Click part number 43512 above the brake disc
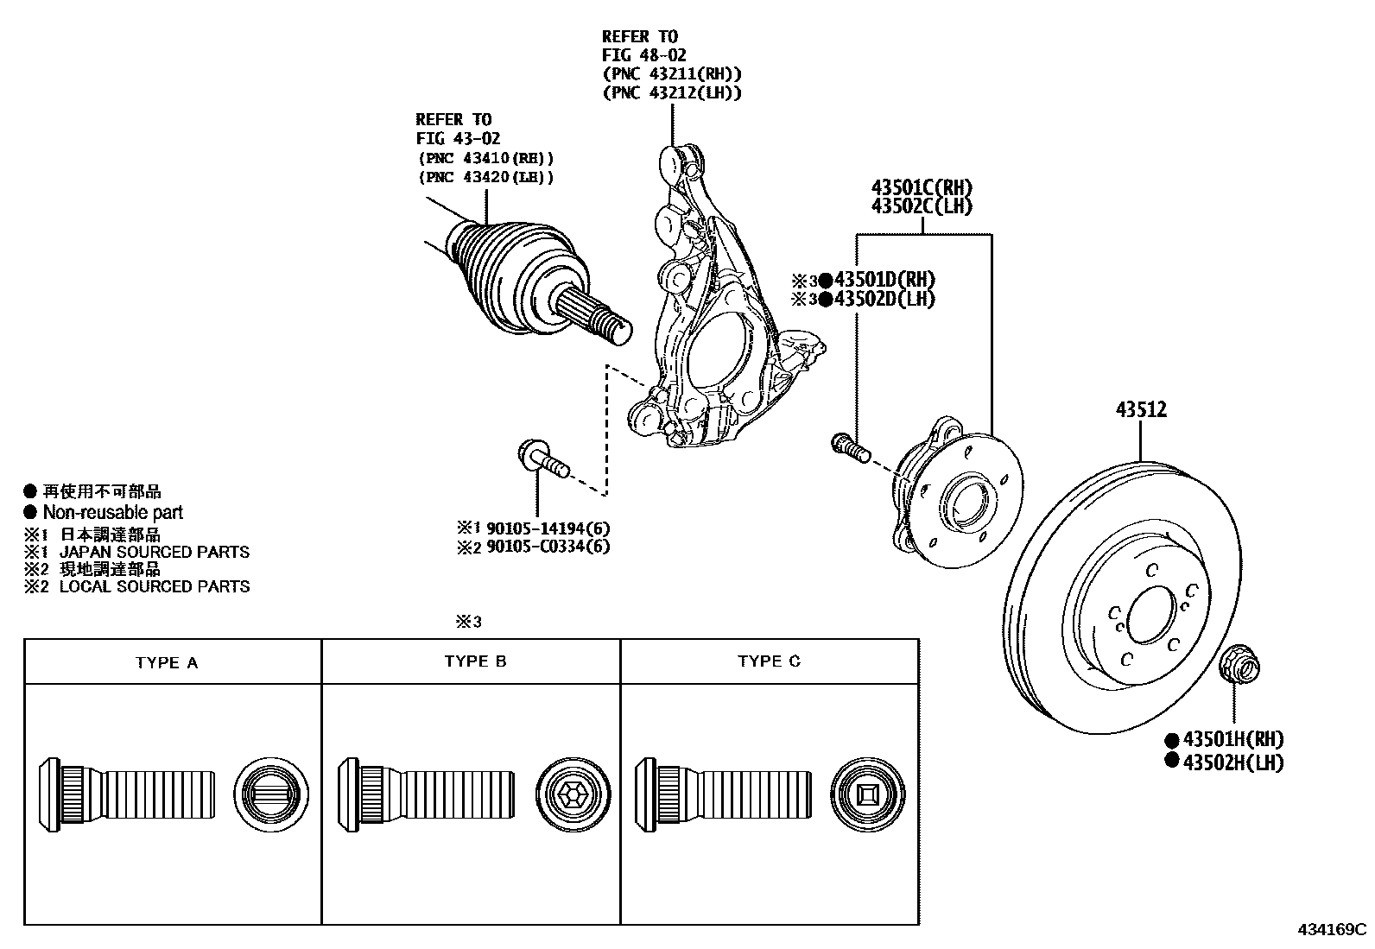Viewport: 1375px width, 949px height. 1140,409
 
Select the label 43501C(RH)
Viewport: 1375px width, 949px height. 922,187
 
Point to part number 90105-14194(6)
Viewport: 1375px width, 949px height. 548,528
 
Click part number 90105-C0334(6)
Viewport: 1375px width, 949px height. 548,547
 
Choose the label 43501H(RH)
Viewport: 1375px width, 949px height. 1232,740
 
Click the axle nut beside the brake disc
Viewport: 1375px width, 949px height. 1238,668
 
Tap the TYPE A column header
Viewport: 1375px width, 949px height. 167,663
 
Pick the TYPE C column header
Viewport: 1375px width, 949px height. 769,661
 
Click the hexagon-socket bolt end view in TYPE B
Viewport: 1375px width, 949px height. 573,795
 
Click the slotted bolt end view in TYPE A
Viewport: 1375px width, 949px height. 270,795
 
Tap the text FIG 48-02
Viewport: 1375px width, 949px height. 643,55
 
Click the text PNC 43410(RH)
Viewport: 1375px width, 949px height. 485,159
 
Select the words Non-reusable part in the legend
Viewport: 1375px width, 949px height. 113,513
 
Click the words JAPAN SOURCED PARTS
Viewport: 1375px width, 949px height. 154,552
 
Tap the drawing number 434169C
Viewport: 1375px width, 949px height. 1332,931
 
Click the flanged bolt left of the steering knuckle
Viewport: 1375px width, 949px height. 542,459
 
